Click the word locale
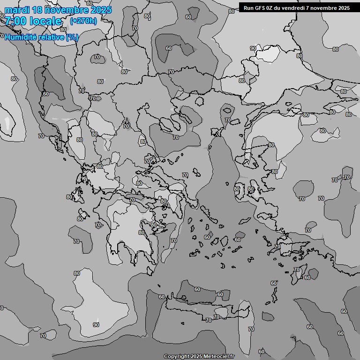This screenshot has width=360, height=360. coord(45,21)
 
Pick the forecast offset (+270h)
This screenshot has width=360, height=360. coord(83,21)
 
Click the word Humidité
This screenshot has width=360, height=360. coord(19,37)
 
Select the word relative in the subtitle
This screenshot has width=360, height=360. coord(50,37)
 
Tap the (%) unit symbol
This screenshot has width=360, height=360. coord(72,37)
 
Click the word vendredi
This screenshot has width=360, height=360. coord(296,7)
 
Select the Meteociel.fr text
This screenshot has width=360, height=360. coord(218,357)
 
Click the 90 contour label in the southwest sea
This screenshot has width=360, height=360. coord(96,325)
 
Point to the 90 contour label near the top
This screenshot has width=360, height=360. coord(253,48)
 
